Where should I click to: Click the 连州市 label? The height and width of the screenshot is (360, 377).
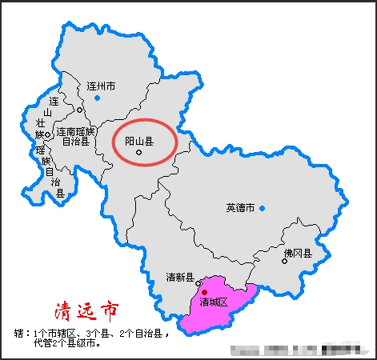101,86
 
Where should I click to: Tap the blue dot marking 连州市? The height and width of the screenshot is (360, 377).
97,98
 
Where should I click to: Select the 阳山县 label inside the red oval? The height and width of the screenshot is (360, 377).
138,141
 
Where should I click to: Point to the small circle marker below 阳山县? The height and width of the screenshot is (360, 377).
138,152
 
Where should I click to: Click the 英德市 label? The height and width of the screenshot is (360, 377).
239,208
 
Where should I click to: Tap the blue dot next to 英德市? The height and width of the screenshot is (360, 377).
262,208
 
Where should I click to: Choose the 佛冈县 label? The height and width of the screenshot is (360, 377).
297,252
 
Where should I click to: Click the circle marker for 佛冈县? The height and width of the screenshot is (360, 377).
284,261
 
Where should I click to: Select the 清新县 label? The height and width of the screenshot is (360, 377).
180,277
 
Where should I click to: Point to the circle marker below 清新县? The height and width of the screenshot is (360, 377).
198,282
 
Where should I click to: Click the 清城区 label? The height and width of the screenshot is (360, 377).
214,302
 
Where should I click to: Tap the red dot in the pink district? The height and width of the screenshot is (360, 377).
204,292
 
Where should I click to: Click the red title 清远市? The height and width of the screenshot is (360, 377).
88,310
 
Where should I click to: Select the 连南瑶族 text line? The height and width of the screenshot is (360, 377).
76,131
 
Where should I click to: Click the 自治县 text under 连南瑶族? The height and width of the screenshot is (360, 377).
76,142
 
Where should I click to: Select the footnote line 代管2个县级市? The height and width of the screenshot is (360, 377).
67,343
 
